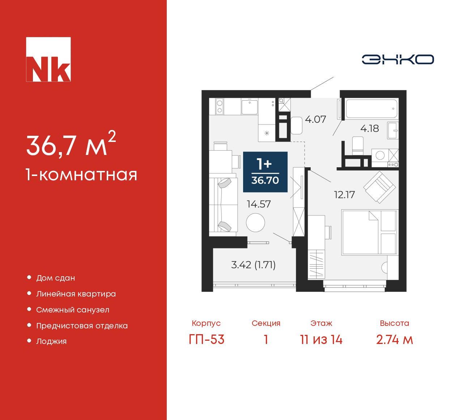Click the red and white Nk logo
[x=48, y=59]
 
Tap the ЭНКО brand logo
[x=398, y=59]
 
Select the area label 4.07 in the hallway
[x=315, y=119]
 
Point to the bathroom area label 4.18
[x=370, y=129]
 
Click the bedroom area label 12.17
[x=344, y=195]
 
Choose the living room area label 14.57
[x=259, y=204]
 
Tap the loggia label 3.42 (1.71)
[x=253, y=265]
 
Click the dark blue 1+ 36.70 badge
[x=265, y=172]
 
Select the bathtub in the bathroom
[x=371, y=109]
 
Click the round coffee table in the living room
[x=255, y=222]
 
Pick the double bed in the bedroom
[x=370, y=232]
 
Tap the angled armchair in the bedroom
[x=379, y=187]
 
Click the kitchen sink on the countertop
[x=249, y=106]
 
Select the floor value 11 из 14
[x=321, y=340]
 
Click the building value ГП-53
[x=206, y=340]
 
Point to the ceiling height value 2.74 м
[x=394, y=340]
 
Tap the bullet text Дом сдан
[x=55, y=278]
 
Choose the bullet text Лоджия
[x=51, y=341]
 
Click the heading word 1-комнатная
[x=81, y=175]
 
